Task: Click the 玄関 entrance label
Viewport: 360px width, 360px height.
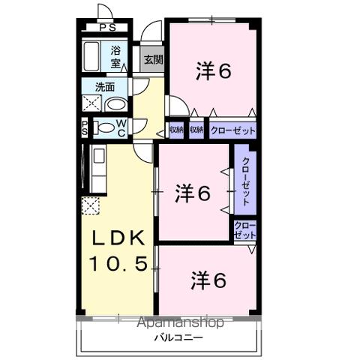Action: pyautogui.click(x=151, y=60)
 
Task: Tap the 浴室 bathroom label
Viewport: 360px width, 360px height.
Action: pyautogui.click(x=116, y=58)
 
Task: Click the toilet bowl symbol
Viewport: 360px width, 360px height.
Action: pyautogui.click(x=102, y=127)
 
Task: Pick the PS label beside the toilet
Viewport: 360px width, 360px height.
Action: pyautogui.click(x=85, y=127)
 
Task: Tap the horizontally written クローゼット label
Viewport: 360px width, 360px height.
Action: pyautogui.click(x=232, y=130)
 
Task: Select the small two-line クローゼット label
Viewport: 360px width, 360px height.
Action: pyautogui.click(x=244, y=229)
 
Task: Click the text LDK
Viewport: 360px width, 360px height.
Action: pyautogui.click(x=119, y=239)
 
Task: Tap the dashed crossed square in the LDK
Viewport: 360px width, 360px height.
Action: pyautogui.click(x=91, y=205)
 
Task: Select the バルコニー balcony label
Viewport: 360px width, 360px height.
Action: pyautogui.click(x=170, y=339)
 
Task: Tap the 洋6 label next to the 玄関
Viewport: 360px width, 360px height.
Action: pyautogui.click(x=212, y=71)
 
